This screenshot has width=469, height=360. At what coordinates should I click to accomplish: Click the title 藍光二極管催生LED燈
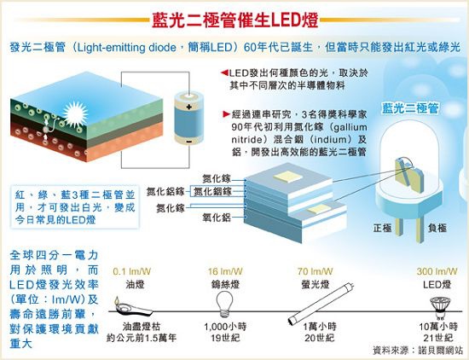(x=234, y=20)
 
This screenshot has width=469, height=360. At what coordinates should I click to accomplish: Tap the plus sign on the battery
(x=188, y=107)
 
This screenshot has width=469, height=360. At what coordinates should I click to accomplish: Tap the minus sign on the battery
(x=188, y=142)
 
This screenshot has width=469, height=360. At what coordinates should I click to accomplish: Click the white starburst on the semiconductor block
(x=75, y=113)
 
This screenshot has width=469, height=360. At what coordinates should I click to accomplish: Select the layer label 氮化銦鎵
(x=212, y=192)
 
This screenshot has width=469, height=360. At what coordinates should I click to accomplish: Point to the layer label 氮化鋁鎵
(x=165, y=192)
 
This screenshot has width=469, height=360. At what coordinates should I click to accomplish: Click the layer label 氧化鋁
(x=217, y=218)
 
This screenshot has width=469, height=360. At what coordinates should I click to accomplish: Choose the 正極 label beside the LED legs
(x=383, y=228)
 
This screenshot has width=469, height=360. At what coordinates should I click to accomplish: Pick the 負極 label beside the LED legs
(x=437, y=228)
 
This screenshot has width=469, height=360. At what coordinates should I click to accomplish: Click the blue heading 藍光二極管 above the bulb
(x=410, y=108)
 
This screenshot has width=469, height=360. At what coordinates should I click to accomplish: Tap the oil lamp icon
(x=132, y=307)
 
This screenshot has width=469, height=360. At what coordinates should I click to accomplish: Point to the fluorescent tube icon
(x=321, y=303)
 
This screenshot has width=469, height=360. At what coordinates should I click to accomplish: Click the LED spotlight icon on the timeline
(x=440, y=308)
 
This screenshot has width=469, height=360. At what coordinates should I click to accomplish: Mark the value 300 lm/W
(x=437, y=271)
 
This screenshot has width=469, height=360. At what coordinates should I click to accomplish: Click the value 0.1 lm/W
(x=132, y=271)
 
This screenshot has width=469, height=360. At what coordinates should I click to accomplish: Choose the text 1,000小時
(x=225, y=327)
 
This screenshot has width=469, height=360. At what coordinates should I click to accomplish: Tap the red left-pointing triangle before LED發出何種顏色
(x=224, y=73)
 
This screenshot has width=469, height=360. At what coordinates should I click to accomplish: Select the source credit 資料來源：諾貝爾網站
(x=418, y=350)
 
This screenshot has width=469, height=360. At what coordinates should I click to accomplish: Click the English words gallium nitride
(x=299, y=133)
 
